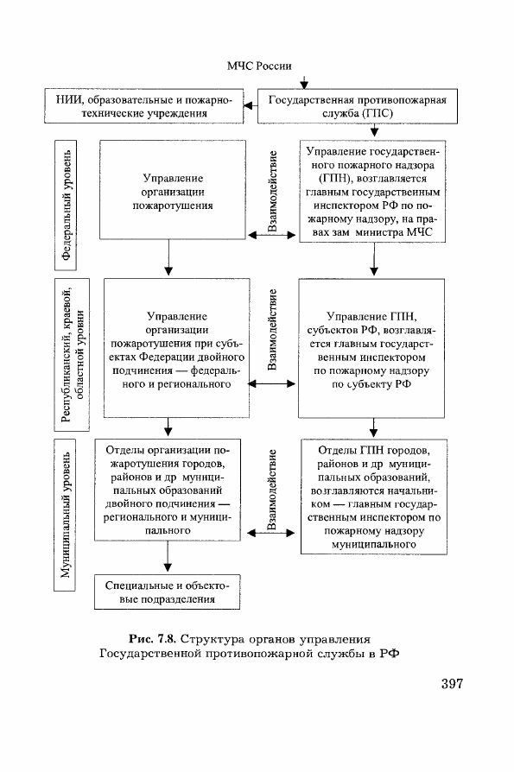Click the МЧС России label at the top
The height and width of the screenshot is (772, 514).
[259, 66]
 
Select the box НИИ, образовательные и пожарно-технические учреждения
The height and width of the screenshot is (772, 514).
[144, 106]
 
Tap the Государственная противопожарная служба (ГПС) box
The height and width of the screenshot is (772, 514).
[358, 106]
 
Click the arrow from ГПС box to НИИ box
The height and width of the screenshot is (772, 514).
[251, 106]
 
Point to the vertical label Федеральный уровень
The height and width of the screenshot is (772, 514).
[66, 206]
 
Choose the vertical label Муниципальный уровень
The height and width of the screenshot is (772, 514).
[65, 515]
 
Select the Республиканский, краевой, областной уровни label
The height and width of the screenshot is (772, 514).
[72, 355]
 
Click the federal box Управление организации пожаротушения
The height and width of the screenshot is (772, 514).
[172, 190]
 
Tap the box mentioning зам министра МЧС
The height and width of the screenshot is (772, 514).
[372, 191]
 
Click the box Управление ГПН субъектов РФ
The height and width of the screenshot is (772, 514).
[371, 348]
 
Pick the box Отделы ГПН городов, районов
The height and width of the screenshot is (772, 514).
[374, 497]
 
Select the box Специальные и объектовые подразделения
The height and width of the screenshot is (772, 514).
[168, 592]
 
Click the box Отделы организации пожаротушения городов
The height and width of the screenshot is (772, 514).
[168, 490]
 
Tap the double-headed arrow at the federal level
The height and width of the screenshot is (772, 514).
[272, 236]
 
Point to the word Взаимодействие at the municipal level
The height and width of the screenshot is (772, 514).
[272, 489]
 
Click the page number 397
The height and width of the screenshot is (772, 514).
[452, 683]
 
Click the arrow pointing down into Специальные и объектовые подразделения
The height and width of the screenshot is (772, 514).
[168, 556]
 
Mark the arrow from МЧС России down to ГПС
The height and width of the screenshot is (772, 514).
[304, 82]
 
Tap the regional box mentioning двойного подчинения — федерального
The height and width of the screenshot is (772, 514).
[176, 348]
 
